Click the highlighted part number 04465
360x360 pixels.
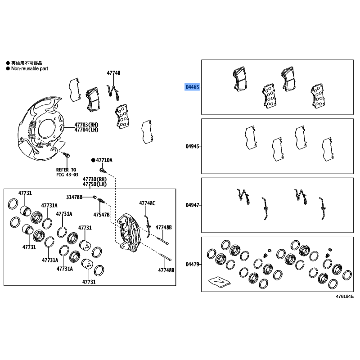(x=192, y=87)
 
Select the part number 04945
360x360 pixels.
(x=192, y=146)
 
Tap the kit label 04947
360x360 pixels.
(x=192, y=205)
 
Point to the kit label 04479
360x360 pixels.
(x=192, y=264)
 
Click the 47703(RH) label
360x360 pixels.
(x=86, y=125)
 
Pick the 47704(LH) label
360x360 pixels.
(x=86, y=130)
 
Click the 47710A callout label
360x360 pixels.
(x=104, y=160)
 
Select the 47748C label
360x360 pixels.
(x=147, y=203)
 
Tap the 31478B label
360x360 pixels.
(x=74, y=197)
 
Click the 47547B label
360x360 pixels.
(x=102, y=215)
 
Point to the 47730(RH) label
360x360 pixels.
(x=94, y=179)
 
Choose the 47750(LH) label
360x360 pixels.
(x=94, y=184)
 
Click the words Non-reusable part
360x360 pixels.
(x=30, y=68)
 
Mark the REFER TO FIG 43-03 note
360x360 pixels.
(x=67, y=172)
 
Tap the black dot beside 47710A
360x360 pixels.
(x=93, y=160)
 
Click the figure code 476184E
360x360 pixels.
(x=345, y=297)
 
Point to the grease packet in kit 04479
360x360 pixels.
(x=219, y=282)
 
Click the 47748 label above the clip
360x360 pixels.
(x=113, y=73)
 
